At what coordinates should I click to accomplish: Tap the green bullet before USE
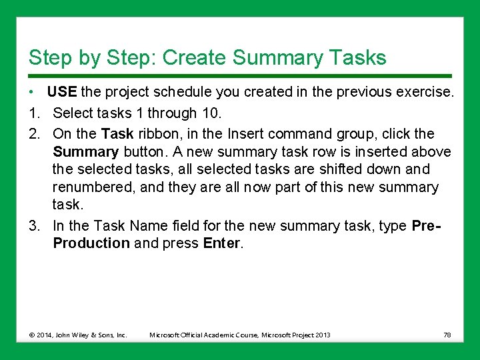[31, 92]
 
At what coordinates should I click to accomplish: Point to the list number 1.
[33, 113]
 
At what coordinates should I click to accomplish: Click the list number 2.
[33, 133]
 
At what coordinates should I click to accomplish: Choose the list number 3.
[33, 225]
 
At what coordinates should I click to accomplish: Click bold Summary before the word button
[86, 152]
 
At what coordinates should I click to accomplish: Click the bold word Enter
[221, 243]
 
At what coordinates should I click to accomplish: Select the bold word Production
[91, 243]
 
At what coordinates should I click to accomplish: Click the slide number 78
[447, 335]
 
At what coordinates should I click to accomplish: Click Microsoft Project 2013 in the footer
[295, 335]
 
